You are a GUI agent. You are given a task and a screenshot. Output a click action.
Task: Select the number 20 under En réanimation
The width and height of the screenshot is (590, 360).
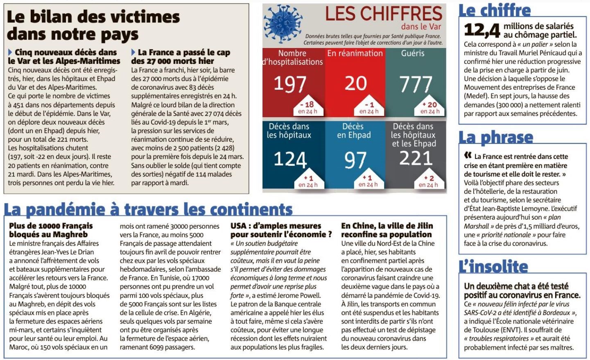pyautogui.click(x=355, y=83)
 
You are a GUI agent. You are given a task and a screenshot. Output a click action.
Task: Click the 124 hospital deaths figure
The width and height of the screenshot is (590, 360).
pyautogui.click(x=290, y=159)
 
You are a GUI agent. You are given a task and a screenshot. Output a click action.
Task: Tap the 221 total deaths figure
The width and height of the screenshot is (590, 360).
pyautogui.click(x=416, y=158)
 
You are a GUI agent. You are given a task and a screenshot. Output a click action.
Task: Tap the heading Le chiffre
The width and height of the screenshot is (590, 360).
pyautogui.click(x=494, y=11)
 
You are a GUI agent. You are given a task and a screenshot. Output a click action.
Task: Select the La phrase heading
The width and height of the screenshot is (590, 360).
pyautogui.click(x=496, y=138)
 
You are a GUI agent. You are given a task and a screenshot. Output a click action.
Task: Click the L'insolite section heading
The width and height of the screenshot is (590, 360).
pyautogui.click(x=493, y=267)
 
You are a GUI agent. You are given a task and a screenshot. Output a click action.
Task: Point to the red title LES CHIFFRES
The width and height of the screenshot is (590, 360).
pyautogui.click(x=384, y=14)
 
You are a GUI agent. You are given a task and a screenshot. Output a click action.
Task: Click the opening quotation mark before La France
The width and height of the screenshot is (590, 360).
pyautogui.click(x=468, y=156)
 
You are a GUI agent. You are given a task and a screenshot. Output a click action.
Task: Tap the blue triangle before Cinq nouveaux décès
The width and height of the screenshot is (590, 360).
pyautogui.click(x=10, y=52)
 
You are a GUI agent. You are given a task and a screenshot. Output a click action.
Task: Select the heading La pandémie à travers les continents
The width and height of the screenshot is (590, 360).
pyautogui.click(x=148, y=210)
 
